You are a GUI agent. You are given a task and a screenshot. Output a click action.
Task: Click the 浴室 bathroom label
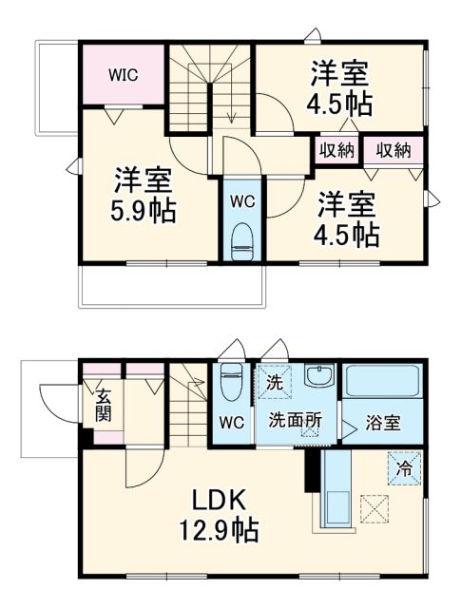pos(383,423)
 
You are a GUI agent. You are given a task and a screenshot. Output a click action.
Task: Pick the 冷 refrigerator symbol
pos(403,467)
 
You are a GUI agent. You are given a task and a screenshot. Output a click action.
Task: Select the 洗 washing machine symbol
pos(273,384)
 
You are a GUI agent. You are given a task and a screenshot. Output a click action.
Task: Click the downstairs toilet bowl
pos(229,386)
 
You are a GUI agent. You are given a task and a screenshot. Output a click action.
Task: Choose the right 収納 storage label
pos(393,149)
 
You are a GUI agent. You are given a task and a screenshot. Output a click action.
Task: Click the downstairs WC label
pos(232,420)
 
